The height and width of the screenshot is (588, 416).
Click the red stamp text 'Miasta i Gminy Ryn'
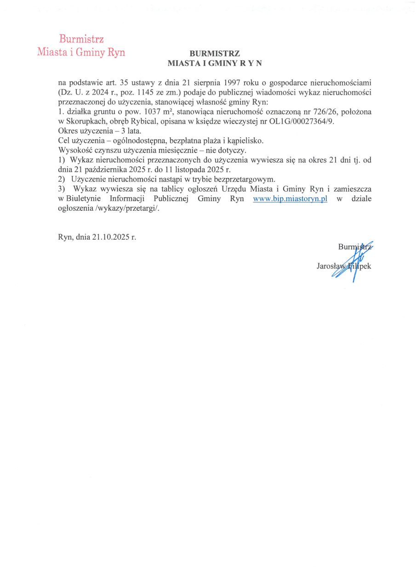81,52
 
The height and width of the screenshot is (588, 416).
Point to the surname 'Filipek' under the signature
360,266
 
